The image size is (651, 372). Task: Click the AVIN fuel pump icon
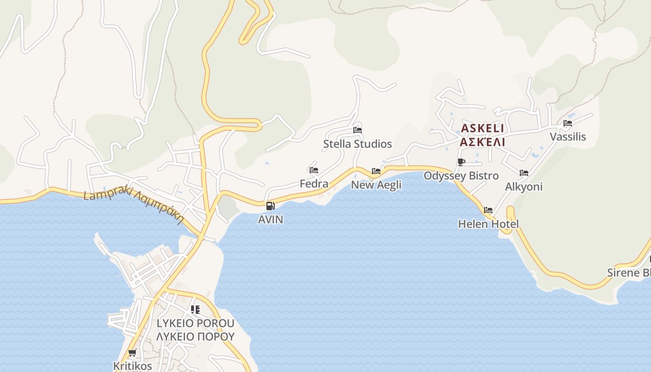click(x=270, y=206)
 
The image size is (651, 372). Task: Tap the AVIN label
click(x=271, y=219)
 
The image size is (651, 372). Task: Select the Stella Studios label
click(x=358, y=144)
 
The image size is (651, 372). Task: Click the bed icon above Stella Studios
click(x=357, y=130)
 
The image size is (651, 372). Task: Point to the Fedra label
click(x=314, y=184)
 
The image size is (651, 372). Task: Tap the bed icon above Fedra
click(x=314, y=170)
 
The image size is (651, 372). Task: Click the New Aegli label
click(x=376, y=185)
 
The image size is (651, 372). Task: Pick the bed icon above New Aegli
click(x=376, y=171)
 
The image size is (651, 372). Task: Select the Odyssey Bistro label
click(x=461, y=176)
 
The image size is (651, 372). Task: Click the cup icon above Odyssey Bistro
click(x=461, y=162)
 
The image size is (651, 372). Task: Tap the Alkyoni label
click(x=524, y=186)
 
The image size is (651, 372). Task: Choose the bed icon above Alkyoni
click(x=524, y=173)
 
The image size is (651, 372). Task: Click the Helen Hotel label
click(x=488, y=224)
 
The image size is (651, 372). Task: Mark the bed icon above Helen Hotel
click(x=488, y=210)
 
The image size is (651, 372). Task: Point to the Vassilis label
click(x=568, y=137)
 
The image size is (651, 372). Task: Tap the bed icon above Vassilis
click(x=568, y=123)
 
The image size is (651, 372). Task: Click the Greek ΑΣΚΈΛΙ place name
click(x=482, y=142)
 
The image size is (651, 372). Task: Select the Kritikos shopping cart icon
click(x=132, y=352)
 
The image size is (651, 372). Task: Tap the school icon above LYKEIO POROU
click(x=195, y=309)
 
